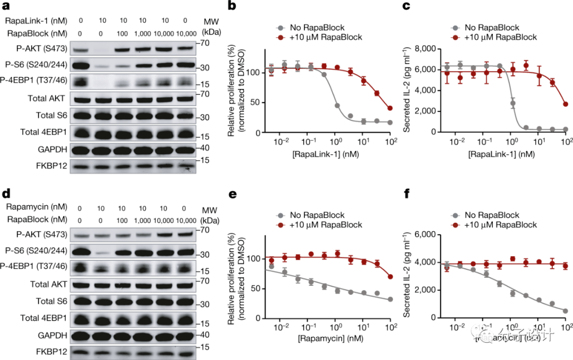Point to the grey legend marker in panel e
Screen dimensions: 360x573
point(280,215)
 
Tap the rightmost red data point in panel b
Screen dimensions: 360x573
point(390,108)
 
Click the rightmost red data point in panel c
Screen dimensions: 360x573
point(566,104)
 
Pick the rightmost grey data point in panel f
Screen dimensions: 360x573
point(566,311)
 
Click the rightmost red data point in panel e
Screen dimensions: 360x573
point(390,277)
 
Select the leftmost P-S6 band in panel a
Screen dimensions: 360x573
point(80,66)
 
